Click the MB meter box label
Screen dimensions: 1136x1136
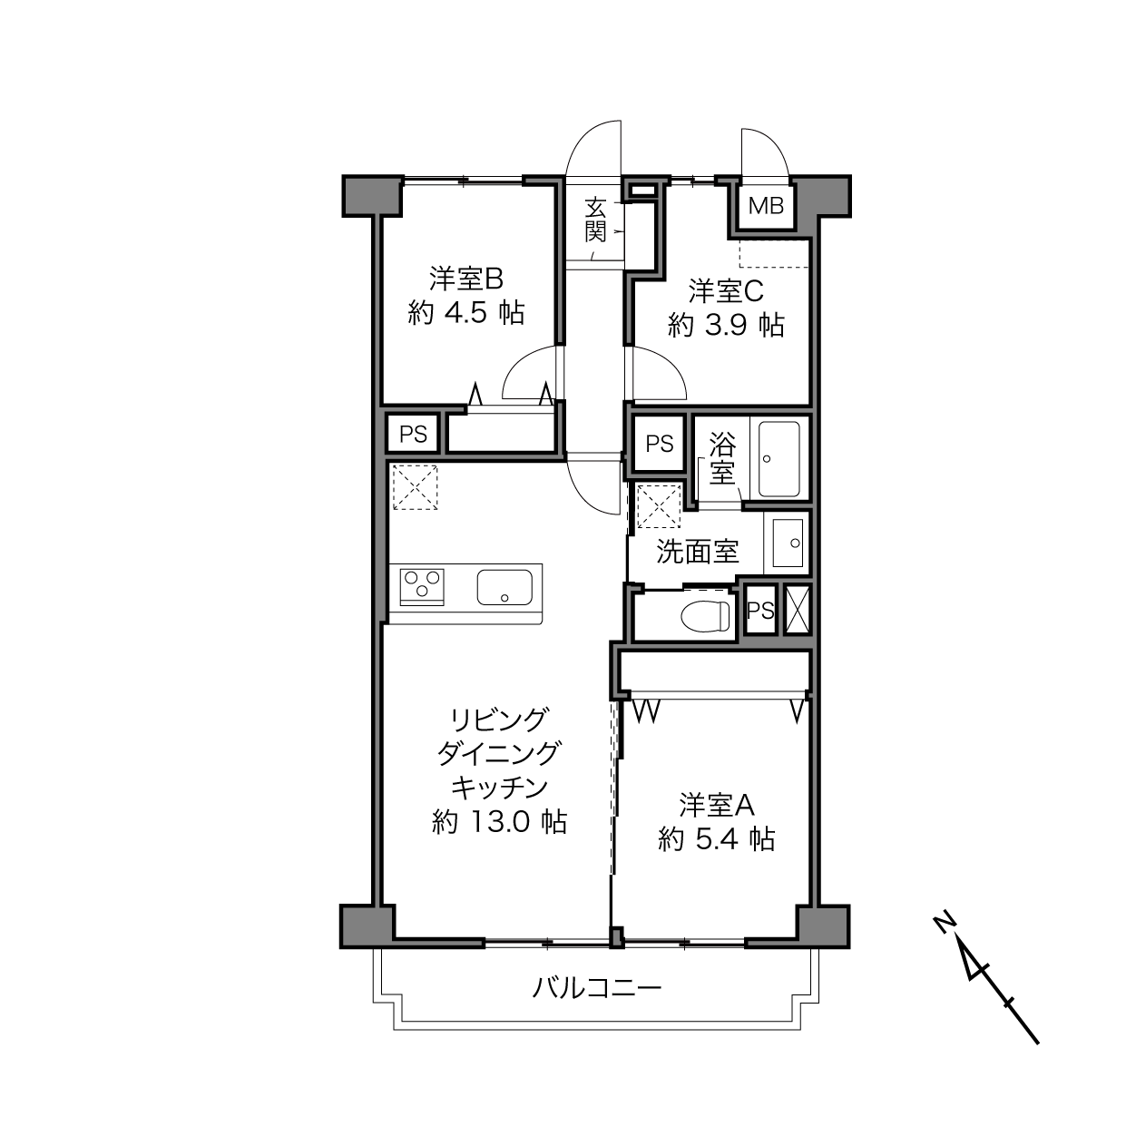pyautogui.click(x=766, y=206)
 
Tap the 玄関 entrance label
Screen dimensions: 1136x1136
pyautogui.click(x=595, y=220)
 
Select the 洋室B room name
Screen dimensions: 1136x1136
pyautogui.click(x=465, y=279)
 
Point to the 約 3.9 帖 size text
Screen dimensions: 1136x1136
pyautogui.click(x=726, y=325)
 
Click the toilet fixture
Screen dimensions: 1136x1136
pyautogui.click(x=705, y=617)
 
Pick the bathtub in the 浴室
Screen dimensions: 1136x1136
pyautogui.click(x=779, y=458)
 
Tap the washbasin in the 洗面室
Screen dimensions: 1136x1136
pyautogui.click(x=787, y=544)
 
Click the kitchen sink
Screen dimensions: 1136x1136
pyautogui.click(x=504, y=587)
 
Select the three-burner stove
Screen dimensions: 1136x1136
pyautogui.click(x=422, y=586)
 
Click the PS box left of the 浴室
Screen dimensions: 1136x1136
pyautogui.click(x=659, y=444)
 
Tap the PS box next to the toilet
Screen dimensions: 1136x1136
pyautogui.click(x=760, y=610)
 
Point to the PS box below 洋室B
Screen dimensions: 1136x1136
pyautogui.click(x=413, y=434)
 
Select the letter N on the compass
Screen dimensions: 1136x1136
pyautogui.click(x=945, y=923)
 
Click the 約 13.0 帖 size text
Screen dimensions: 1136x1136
pyautogui.click(x=499, y=822)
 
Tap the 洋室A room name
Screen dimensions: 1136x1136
pyautogui.click(x=717, y=806)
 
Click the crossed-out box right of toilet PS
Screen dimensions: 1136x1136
pyautogui.click(x=797, y=610)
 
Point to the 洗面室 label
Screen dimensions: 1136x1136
pyautogui.click(x=698, y=552)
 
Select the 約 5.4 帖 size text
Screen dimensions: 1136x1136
pyautogui.click(x=716, y=839)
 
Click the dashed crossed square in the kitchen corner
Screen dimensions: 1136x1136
pyautogui.click(x=415, y=487)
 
